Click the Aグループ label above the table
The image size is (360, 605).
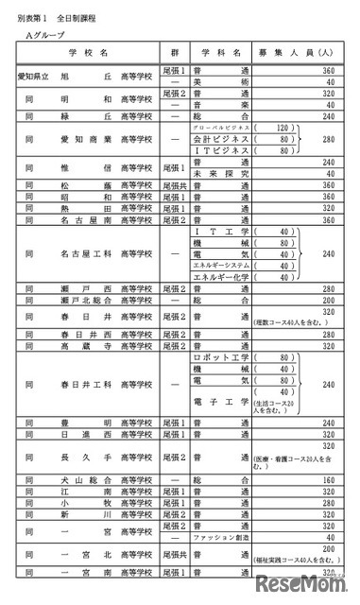pos(41,34)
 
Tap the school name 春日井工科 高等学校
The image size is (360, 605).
pos(100,385)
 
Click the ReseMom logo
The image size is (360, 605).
pos(312,583)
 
